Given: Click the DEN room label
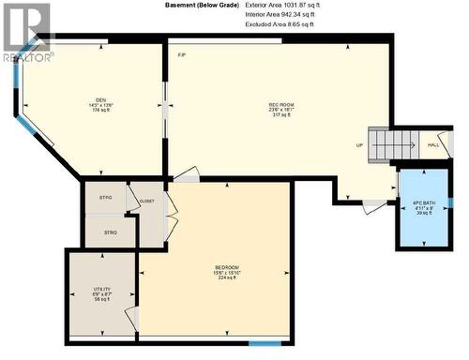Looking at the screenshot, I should [100, 100].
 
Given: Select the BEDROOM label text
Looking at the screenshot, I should [227, 268].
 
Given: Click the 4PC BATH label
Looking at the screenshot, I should [424, 202].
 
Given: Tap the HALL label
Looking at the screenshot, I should [433, 144].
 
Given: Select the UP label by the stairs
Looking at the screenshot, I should [359, 145].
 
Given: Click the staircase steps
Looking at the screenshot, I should [392, 145].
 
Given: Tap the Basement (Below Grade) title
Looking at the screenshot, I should [200, 6].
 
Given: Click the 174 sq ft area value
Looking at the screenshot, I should [100, 111].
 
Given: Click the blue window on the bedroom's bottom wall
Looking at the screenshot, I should [264, 343].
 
